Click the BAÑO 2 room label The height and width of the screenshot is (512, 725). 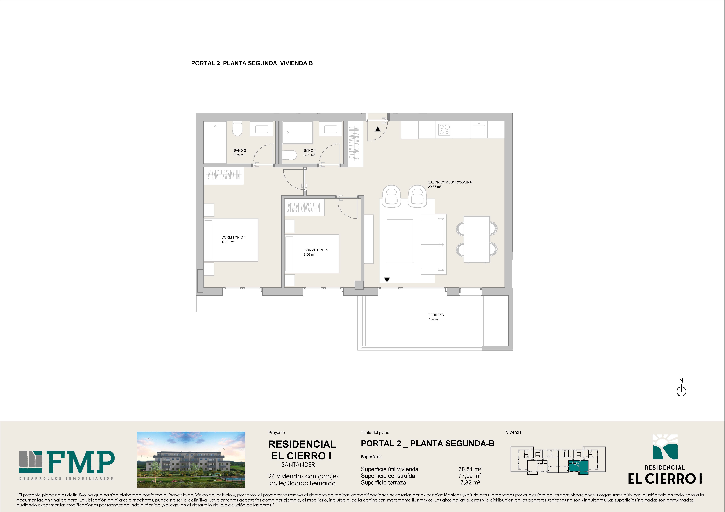coord(240,150)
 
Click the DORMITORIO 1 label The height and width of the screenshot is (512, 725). coord(233,237)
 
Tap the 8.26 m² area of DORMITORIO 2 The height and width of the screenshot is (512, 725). coord(309,254)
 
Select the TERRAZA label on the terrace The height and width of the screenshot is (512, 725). coord(436,315)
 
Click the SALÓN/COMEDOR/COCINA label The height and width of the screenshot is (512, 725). coord(450,182)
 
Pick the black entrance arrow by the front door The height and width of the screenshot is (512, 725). coord(378,129)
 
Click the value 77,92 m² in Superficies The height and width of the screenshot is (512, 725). coord(470,476)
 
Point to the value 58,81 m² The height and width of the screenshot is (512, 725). coord(470,469)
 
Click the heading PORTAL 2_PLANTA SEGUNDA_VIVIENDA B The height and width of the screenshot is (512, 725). coord(252,63)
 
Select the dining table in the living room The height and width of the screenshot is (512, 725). coord(477,239)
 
